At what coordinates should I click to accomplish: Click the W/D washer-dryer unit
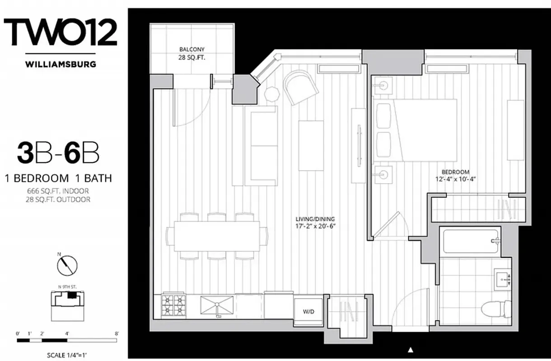point(308,311)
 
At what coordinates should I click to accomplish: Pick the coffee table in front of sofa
point(311,145)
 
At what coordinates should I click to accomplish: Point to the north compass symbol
point(67,265)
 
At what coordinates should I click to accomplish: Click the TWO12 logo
point(61,32)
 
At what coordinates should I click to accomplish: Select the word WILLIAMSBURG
point(61,64)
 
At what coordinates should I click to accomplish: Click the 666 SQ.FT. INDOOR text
point(58,191)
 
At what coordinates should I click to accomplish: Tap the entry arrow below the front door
point(411,349)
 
